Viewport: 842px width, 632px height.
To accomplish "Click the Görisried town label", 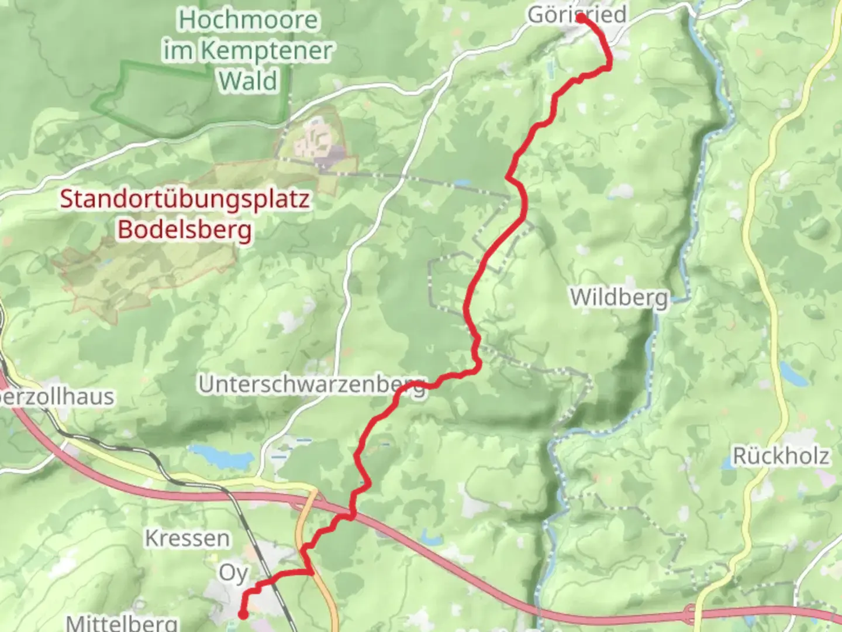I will tap(577, 15).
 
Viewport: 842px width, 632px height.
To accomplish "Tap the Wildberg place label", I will tap(619, 297).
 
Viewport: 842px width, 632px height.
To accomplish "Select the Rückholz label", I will tap(781, 456).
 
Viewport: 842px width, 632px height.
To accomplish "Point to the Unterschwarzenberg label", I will tap(312, 385).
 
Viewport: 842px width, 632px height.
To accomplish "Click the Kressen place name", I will tap(187, 538).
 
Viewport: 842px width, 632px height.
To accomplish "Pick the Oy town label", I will tap(233, 573).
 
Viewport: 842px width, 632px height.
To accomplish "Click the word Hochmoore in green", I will tap(248, 20).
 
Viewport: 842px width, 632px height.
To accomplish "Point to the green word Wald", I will tap(248, 81).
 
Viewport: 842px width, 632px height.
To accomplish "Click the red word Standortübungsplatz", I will tap(185, 199).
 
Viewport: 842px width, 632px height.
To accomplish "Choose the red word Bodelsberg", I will tap(185, 229).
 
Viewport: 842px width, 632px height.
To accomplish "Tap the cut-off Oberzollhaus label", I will tap(57, 397).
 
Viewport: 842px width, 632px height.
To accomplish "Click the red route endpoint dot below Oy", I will tap(242, 614).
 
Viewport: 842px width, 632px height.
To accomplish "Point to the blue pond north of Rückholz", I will tap(794, 372).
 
